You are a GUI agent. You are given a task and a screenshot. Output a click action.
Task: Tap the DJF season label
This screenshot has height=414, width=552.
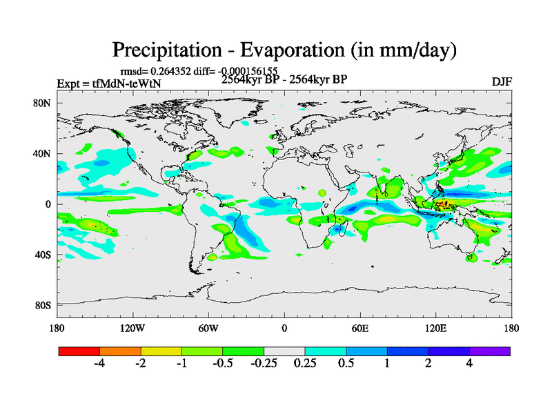(501, 81)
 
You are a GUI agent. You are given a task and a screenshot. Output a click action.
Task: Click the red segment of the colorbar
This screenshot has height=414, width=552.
(79, 351)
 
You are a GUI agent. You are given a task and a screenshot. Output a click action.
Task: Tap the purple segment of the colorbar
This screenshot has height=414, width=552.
(490, 351)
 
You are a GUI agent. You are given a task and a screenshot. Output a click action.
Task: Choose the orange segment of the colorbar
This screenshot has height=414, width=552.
(120, 351)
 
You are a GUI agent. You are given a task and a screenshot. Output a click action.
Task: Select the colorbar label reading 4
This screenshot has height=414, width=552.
(470, 364)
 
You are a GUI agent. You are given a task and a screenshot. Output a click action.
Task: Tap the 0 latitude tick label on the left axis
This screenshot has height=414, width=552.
(49, 204)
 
